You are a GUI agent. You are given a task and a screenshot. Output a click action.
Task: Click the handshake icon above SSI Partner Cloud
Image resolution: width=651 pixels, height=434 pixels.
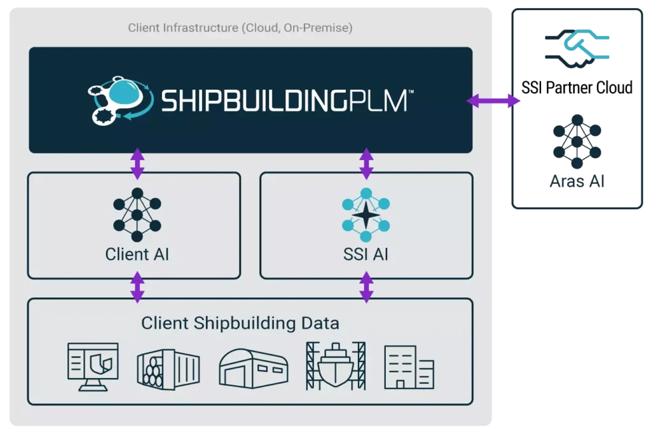[x=577, y=48]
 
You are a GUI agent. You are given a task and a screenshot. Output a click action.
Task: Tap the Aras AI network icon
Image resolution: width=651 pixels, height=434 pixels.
[x=577, y=142]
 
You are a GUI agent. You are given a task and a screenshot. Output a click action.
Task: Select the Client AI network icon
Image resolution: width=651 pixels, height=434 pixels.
[x=137, y=215]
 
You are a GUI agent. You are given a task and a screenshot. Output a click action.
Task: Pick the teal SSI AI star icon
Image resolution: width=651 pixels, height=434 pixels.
[x=366, y=215]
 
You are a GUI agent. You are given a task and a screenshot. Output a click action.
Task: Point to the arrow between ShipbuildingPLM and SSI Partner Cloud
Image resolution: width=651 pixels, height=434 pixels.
[x=493, y=100]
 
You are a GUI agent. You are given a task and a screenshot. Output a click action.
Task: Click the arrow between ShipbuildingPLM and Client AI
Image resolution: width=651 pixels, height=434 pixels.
[x=137, y=163]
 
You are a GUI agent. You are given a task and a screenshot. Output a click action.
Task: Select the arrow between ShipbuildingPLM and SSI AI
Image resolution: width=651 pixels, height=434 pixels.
[x=366, y=163]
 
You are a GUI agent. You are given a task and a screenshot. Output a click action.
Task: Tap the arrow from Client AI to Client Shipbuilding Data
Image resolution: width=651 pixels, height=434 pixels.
[x=137, y=287]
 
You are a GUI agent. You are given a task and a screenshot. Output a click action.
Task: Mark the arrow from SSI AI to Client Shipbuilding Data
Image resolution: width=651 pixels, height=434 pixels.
[x=366, y=287]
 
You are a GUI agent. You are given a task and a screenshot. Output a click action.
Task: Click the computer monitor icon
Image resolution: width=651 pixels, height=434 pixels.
[x=93, y=367]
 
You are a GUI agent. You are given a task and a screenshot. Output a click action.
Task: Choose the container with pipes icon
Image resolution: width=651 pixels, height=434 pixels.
[x=168, y=369]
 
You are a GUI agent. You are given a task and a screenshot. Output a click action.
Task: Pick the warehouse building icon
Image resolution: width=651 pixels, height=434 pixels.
[x=254, y=369]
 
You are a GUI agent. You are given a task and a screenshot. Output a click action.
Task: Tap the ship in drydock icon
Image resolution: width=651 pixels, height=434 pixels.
[x=336, y=366]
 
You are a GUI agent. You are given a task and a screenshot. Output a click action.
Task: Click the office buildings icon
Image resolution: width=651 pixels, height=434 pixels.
[x=409, y=367]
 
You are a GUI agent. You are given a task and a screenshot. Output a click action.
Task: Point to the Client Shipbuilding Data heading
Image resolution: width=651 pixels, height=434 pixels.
[x=240, y=323]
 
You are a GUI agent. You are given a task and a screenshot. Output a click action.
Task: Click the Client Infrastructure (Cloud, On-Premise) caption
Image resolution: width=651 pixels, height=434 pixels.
[x=240, y=28]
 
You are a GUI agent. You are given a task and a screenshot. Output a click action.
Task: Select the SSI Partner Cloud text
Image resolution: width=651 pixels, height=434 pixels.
[x=577, y=88]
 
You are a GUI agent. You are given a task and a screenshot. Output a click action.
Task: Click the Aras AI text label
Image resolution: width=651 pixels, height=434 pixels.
[x=577, y=181]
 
